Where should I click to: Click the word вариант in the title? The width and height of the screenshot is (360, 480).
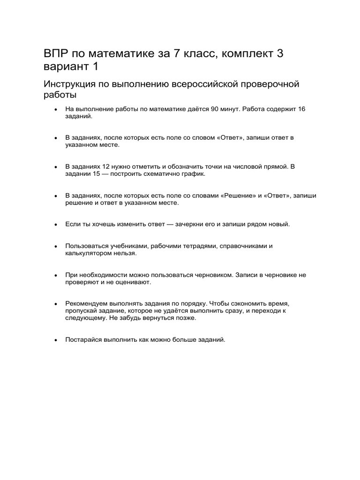[66, 67]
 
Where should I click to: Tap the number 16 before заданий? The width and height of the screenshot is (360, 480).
[301, 109]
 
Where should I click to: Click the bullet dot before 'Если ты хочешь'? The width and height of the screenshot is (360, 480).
[56, 225]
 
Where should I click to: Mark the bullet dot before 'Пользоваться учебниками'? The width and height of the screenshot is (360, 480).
[56, 246]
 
